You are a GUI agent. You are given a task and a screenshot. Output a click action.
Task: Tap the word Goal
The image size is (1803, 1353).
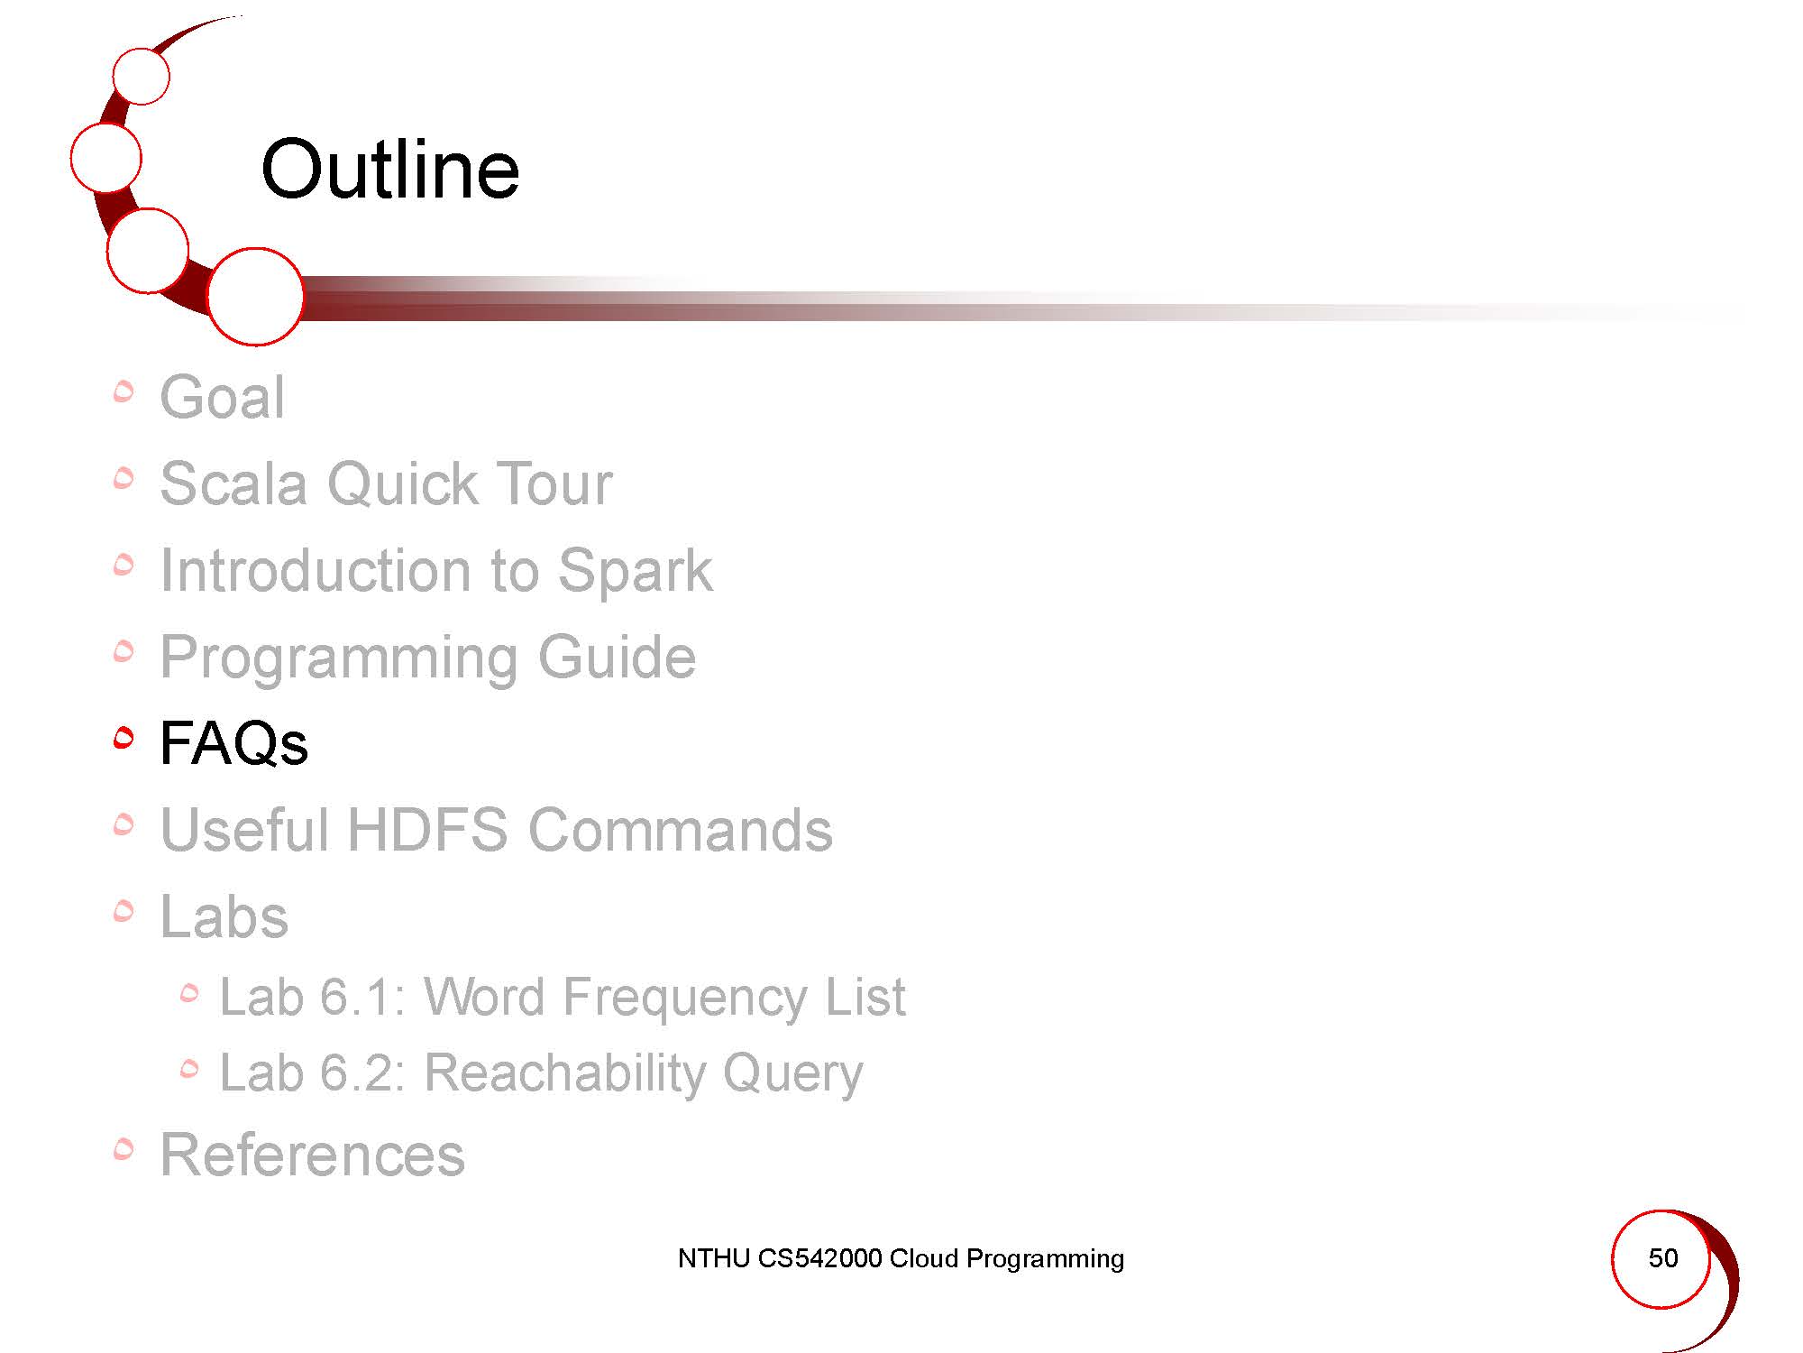coord(223,397)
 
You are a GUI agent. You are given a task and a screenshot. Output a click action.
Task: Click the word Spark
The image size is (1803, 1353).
coord(635,572)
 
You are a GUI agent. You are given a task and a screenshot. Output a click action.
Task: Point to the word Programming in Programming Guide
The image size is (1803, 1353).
coord(339,658)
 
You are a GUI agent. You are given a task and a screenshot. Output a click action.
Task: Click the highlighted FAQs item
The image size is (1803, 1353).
coord(234,743)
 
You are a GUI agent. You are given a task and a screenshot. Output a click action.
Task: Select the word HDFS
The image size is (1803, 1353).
coord(427,830)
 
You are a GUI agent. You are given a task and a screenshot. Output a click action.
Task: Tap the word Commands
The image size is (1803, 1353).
coord(681,830)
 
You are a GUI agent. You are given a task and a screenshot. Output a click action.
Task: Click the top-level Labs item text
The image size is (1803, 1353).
coord(224,916)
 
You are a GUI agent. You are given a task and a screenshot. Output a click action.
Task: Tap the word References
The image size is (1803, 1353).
coord(312,1155)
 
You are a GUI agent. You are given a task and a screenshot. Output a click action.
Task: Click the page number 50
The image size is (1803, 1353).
coord(1663,1258)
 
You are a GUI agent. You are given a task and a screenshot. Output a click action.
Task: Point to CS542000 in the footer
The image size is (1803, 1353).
coord(819,1258)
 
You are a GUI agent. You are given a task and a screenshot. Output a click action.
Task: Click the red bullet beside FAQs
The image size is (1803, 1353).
coord(124,738)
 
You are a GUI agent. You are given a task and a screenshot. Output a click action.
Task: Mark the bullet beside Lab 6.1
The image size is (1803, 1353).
coord(188,993)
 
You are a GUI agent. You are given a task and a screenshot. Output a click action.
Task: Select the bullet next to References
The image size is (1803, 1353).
coord(124,1149)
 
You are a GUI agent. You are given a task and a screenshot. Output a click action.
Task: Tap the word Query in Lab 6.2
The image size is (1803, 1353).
coord(792,1074)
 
